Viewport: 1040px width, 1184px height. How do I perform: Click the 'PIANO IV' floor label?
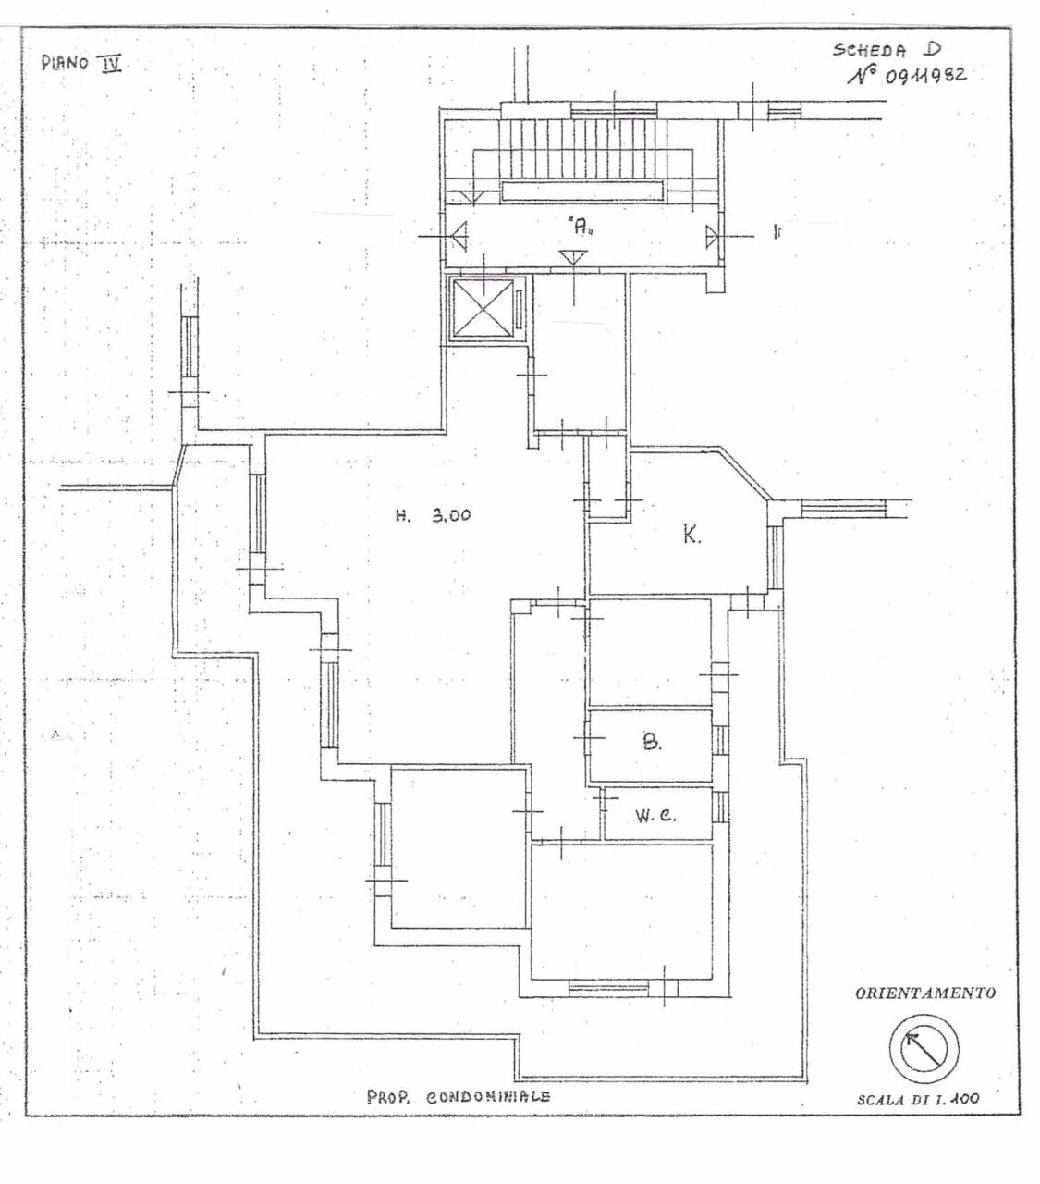81,63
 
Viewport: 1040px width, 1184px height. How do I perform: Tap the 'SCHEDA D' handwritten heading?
887,50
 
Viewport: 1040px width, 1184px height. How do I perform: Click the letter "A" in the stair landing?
580,227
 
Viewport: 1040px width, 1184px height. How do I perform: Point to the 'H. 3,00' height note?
434,515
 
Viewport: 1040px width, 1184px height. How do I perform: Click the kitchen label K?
692,534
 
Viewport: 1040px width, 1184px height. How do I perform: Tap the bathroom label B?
652,743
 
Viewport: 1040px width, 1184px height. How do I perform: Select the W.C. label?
655,816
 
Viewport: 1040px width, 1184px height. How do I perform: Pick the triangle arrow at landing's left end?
459,237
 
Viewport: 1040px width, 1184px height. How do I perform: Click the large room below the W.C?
622,911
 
